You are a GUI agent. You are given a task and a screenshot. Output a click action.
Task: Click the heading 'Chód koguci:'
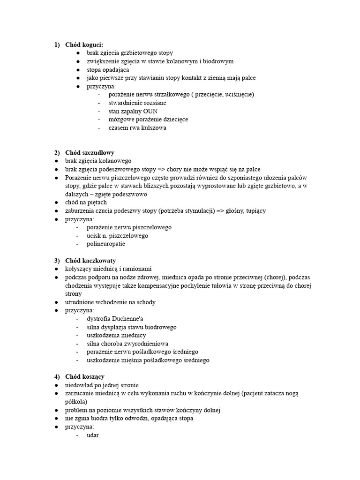click(x=84, y=45)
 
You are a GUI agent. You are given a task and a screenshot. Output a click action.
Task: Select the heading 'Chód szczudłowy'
click(x=90, y=153)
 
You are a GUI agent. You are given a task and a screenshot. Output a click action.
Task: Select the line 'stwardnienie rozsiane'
click(x=137, y=103)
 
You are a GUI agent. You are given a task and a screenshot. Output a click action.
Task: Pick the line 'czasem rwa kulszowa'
click(x=137, y=128)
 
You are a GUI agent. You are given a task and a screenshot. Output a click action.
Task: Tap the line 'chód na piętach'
click(x=86, y=202)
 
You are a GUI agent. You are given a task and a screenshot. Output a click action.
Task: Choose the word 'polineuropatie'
click(x=106, y=244)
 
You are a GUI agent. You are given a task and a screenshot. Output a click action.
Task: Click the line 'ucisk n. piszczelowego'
click(x=117, y=236)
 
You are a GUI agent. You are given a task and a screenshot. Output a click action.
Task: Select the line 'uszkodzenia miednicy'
click(x=116, y=335)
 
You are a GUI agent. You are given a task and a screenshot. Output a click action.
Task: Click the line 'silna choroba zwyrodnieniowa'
click(x=127, y=344)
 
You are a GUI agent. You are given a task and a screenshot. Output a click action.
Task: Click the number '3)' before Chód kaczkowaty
click(x=57, y=261)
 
